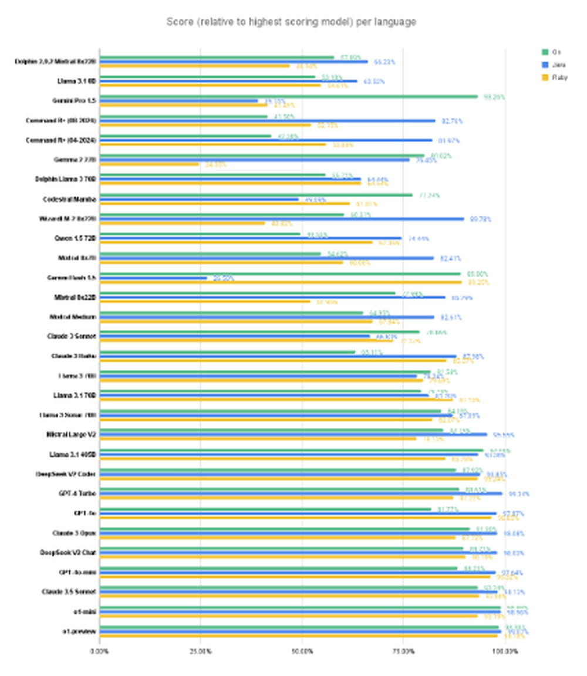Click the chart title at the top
291,22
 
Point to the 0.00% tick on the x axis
99,651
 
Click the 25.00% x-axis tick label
200,651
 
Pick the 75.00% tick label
403,651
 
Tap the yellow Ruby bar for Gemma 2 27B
149,164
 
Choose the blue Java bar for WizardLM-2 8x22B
282,219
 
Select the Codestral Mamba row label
70,199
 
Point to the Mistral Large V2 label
70,435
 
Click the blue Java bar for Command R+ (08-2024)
267,120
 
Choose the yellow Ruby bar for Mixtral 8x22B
205,302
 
